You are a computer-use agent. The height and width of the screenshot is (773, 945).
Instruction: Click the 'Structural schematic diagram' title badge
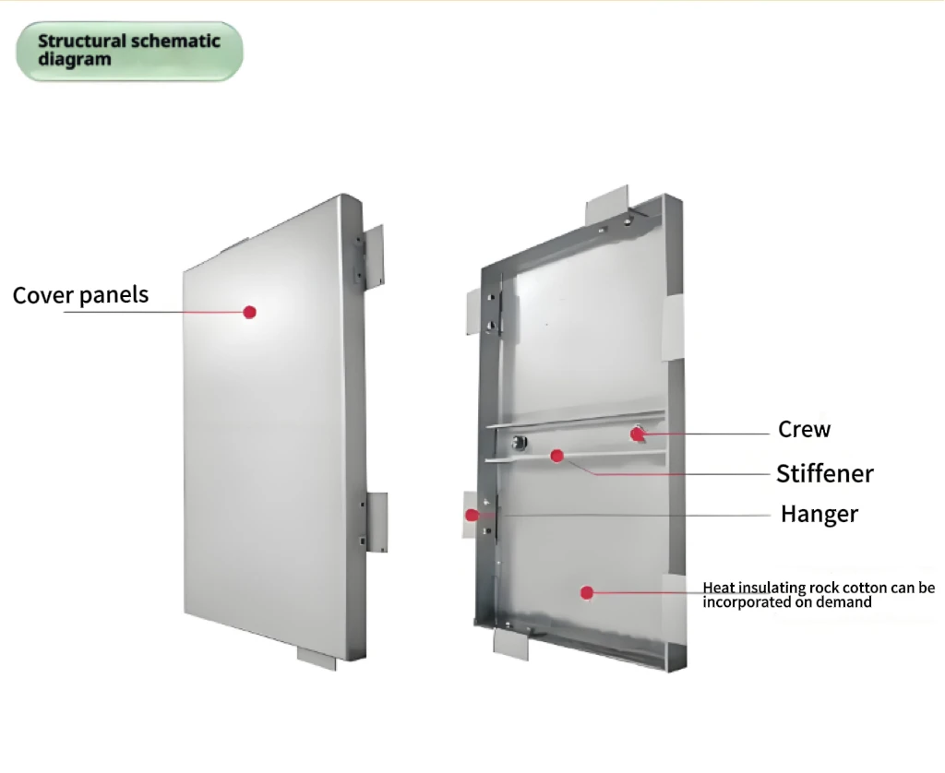point(129,51)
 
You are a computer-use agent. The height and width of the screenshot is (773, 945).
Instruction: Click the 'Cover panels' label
point(80,295)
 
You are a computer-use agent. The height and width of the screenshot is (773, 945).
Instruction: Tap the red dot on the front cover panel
point(249,312)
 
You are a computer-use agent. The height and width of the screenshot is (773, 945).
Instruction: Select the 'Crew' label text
point(804,430)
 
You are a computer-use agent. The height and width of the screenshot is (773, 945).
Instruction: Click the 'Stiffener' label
point(824,474)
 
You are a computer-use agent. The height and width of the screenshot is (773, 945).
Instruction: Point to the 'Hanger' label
point(819,515)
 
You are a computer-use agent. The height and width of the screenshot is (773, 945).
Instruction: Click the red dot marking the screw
point(637,433)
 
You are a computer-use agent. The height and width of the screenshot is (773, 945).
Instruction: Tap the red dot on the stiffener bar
point(556,455)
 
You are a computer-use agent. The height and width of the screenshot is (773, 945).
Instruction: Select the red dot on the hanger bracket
point(472,515)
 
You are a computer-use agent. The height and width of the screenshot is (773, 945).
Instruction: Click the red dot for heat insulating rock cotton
point(587,592)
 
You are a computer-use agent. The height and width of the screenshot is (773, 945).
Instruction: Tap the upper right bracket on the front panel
point(374,255)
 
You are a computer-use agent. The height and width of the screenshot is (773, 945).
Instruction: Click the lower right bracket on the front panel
point(377,521)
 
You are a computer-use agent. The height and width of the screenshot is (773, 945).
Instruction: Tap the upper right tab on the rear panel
point(673,328)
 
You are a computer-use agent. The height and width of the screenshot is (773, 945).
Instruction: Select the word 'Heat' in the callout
point(719,588)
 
